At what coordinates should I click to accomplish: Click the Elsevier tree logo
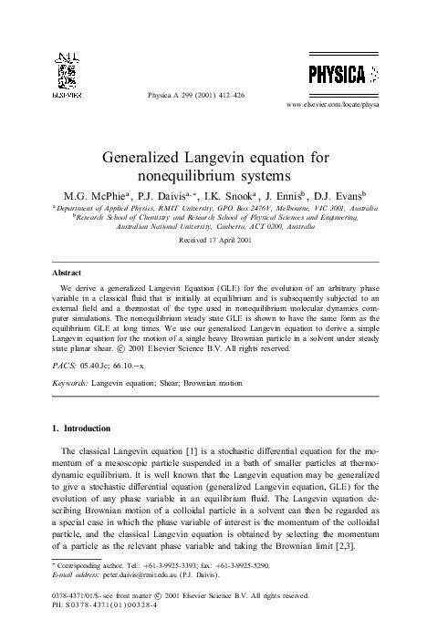pyautogui.click(x=70, y=72)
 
